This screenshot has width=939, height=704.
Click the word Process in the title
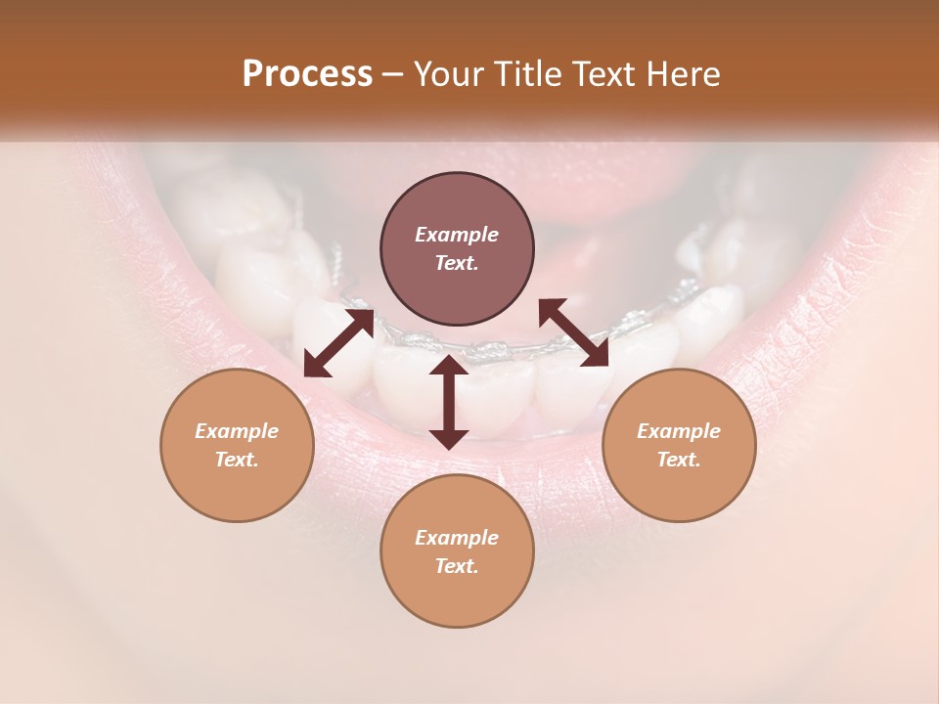coord(307,74)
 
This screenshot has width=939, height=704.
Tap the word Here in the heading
coord(684,74)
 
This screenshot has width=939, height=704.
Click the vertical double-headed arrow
coord(449,402)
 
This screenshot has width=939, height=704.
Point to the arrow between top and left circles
coord(338,342)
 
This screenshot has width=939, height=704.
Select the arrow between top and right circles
coord(574,332)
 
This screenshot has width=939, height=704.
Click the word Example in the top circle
coord(457,235)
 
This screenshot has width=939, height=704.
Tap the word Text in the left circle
coord(237,460)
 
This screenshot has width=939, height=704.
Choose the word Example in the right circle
coord(679,431)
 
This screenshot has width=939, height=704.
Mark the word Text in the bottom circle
coord(457,566)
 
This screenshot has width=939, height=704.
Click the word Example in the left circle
coord(237,431)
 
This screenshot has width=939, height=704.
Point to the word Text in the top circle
coord(457,263)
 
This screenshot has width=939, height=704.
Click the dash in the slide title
coord(393,74)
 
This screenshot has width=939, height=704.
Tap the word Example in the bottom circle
coord(457,538)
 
